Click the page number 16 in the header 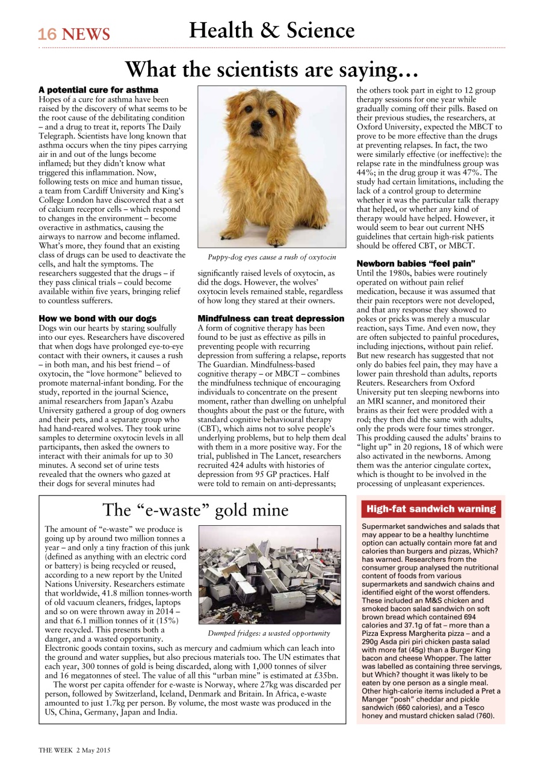coord(48,34)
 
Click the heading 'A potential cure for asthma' coord(98,90)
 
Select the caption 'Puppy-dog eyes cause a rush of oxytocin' coord(271,257)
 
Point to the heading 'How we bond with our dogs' coord(97,318)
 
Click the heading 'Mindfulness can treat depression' coord(271,318)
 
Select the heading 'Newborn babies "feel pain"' coord(416,263)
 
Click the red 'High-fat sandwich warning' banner coord(430,509)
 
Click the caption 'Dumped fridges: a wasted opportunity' coord(269,633)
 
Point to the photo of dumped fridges coord(269,574)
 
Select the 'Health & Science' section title coord(271,30)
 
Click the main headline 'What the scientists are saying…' coord(271,70)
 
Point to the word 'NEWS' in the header coord(86,35)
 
